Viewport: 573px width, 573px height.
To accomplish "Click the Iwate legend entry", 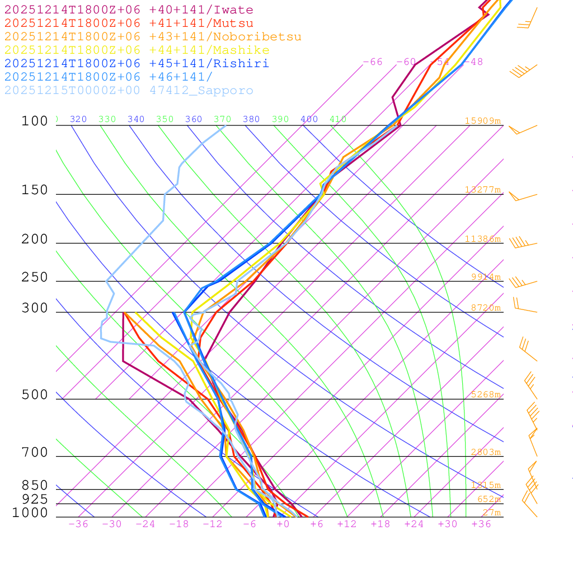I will [x=129, y=10].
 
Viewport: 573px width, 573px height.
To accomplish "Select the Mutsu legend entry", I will [x=129, y=24].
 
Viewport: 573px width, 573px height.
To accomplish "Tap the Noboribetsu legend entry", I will [x=153, y=37].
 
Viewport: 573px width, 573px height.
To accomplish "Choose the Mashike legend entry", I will [x=137, y=50].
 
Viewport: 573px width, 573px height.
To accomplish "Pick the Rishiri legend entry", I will [x=137, y=64].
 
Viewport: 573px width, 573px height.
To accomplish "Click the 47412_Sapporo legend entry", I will [x=129, y=91].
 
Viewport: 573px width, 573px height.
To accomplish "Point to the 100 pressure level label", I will [x=35, y=121].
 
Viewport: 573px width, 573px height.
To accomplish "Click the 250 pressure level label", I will [x=35, y=278].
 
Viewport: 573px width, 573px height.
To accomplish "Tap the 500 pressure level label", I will [x=35, y=395].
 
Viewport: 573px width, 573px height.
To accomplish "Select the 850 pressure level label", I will [x=35, y=486].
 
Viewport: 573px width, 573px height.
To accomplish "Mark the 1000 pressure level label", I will [x=30, y=513].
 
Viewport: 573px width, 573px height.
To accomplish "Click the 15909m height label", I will [x=482, y=121].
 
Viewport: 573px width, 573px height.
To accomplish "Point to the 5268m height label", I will [x=485, y=394].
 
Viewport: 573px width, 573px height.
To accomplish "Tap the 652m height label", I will [x=489, y=500].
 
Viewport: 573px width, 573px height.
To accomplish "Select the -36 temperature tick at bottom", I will [x=78, y=524].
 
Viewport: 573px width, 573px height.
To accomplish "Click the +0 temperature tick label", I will [x=283, y=524].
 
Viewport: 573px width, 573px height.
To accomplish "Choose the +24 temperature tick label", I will [x=414, y=524].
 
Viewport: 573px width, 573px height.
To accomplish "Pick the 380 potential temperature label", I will [x=251, y=119].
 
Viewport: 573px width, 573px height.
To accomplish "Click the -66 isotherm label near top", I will [x=373, y=62].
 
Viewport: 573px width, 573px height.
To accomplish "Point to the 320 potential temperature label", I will [x=78, y=119].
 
